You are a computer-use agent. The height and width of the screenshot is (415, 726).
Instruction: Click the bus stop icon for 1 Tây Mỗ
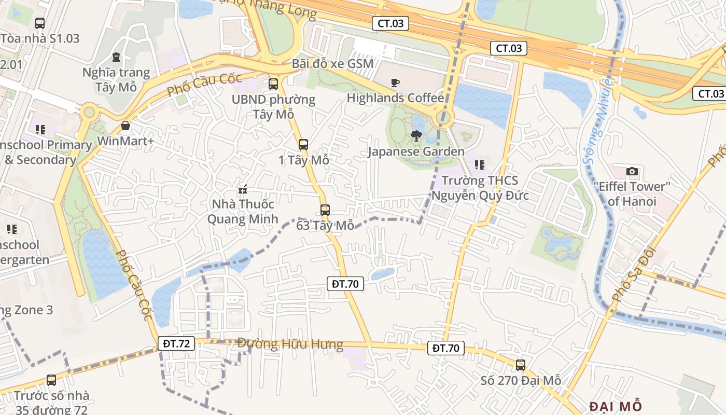click(x=303, y=145)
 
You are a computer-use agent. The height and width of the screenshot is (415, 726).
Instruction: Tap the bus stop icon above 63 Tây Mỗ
click(x=325, y=210)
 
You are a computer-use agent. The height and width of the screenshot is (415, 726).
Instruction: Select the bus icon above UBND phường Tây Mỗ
click(x=273, y=84)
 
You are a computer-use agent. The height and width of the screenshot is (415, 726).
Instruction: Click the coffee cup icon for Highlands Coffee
click(x=395, y=83)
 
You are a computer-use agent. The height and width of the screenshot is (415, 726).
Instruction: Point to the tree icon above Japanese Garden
click(x=416, y=136)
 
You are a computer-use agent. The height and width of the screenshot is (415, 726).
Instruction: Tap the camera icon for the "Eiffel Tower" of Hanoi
click(x=632, y=171)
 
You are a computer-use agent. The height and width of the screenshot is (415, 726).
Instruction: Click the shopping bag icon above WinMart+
click(x=125, y=126)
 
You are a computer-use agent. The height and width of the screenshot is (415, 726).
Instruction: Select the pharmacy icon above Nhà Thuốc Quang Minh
click(x=242, y=189)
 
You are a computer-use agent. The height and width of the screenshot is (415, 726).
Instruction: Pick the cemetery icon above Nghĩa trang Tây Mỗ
click(x=116, y=57)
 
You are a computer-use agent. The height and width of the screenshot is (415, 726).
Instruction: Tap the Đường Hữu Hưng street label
click(x=290, y=344)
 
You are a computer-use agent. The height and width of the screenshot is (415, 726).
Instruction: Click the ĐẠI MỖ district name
click(x=616, y=406)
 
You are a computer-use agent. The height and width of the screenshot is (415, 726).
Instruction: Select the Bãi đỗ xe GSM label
click(x=332, y=63)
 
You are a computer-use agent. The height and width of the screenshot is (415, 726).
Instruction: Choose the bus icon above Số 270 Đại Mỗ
click(x=521, y=365)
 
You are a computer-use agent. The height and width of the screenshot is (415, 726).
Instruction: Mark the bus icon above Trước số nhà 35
click(x=51, y=380)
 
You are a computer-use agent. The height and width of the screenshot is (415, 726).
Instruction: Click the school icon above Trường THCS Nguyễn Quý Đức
click(x=480, y=165)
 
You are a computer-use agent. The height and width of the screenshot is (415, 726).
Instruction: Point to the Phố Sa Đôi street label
click(x=635, y=275)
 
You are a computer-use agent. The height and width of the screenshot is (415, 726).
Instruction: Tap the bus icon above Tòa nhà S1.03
click(x=40, y=23)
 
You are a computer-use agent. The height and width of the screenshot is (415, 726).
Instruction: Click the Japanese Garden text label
click(x=416, y=151)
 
